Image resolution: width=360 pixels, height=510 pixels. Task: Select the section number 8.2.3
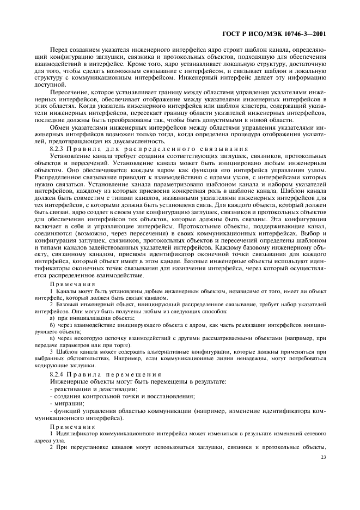[x=58, y=149]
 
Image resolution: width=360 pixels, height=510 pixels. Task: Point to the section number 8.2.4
[x=58, y=375]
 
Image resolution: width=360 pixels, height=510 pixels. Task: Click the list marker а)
[x=52, y=317]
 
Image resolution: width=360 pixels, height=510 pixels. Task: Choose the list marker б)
[x=52, y=324]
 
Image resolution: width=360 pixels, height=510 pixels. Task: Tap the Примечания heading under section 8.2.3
[x=72, y=284]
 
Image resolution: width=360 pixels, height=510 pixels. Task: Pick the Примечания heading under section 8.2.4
[x=72, y=427]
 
